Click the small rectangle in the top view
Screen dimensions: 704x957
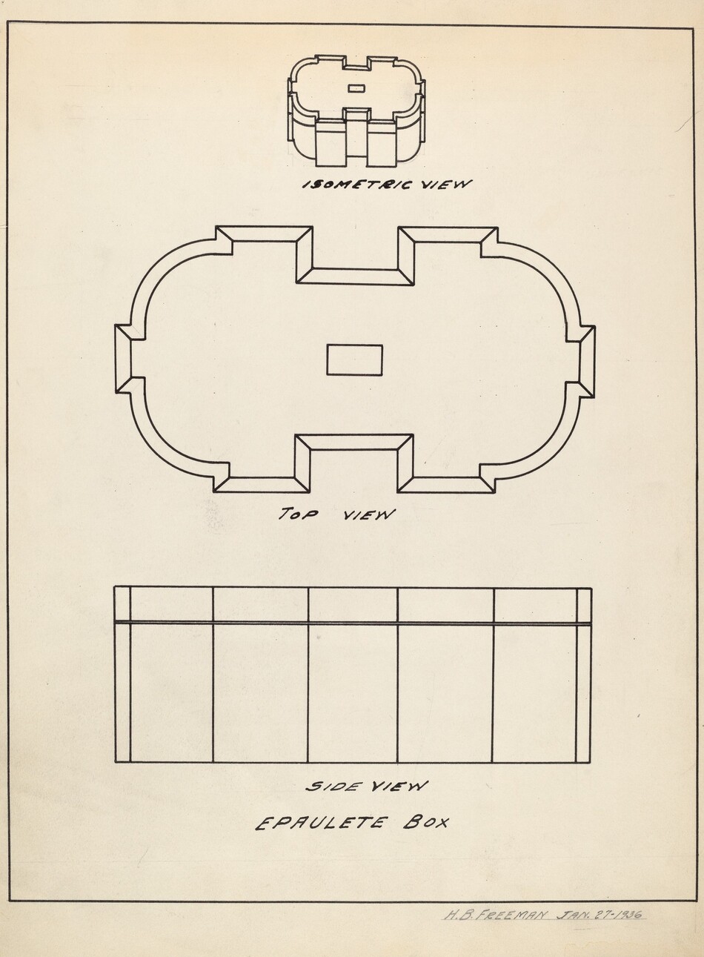pyautogui.click(x=354, y=360)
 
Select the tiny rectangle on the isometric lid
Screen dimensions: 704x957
pyautogui.click(x=356, y=88)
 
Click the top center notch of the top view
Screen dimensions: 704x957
pyautogui.click(x=354, y=276)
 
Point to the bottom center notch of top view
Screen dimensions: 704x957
pyautogui.click(x=354, y=443)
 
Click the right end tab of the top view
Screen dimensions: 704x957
pyautogui.click(x=587, y=362)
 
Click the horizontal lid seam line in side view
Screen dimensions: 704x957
pyautogui.click(x=353, y=623)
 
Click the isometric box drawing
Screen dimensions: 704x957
pyautogui.click(x=356, y=111)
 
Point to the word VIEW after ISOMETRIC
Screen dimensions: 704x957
pyautogui.click(x=447, y=185)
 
